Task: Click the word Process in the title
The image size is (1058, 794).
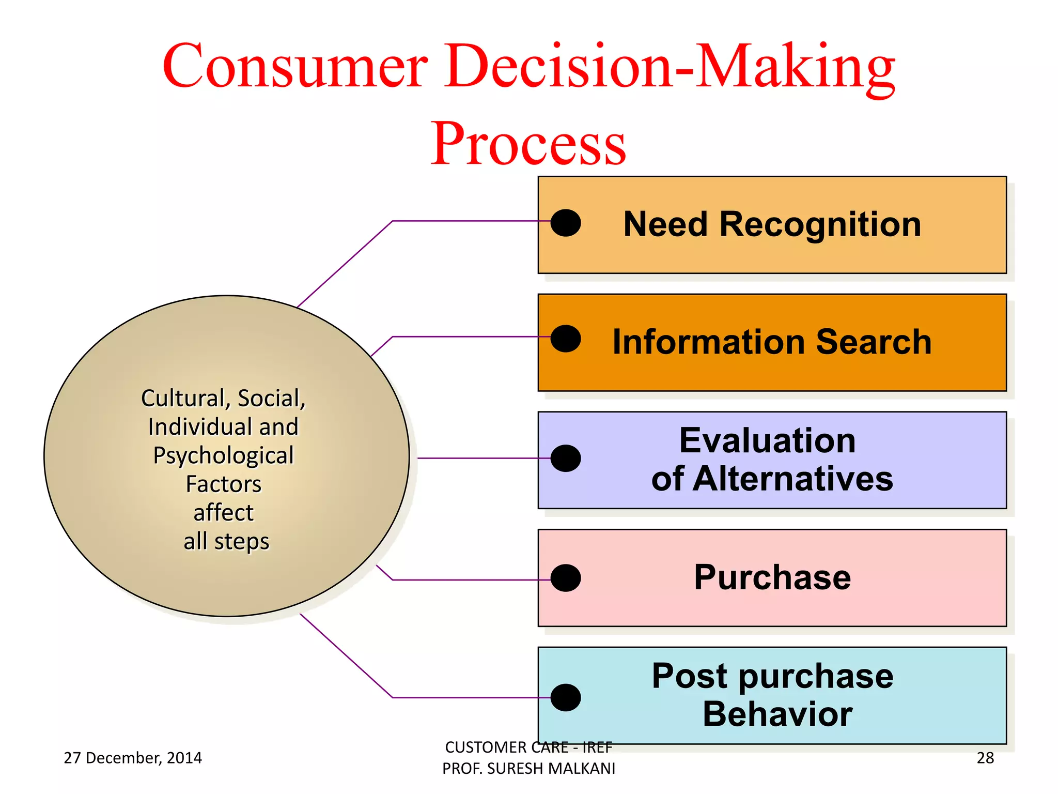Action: tap(528, 144)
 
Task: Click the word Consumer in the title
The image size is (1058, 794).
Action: tap(295, 66)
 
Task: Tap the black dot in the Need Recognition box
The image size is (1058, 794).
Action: tap(566, 223)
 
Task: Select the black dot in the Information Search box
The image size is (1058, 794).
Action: tap(566, 339)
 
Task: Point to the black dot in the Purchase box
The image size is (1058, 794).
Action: tap(566, 578)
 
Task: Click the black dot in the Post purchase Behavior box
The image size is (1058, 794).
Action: tap(566, 697)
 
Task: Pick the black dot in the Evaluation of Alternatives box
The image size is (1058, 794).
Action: tap(566, 458)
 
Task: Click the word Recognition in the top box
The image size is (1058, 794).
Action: tap(820, 225)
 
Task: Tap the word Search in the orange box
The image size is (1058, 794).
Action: tap(874, 342)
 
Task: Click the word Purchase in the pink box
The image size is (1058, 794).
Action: tap(772, 577)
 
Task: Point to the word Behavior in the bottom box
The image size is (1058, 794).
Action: tap(777, 714)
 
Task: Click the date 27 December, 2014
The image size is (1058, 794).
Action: tap(133, 758)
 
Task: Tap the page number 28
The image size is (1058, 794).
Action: tap(985, 758)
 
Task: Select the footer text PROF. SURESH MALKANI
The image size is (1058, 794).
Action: tap(528, 769)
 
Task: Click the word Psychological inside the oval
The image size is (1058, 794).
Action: tap(223, 455)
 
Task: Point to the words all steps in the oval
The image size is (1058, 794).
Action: tap(226, 541)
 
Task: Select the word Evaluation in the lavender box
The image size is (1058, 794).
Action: tap(767, 441)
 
